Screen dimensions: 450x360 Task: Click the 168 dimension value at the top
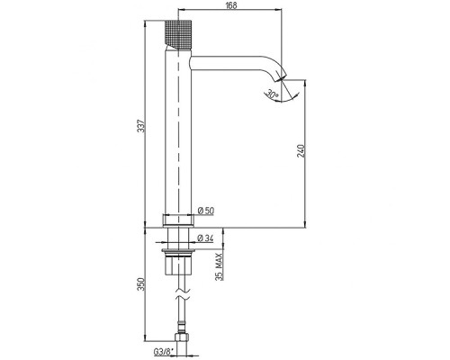tap(230, 5)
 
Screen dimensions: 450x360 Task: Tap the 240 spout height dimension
tap(301, 151)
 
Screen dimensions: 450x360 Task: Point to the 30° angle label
tap(272, 94)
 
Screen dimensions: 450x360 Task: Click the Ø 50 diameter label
tap(206, 211)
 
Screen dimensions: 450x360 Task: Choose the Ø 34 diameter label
tap(206, 238)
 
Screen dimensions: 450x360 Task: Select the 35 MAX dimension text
tap(220, 267)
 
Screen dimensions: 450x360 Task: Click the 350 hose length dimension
tap(141, 284)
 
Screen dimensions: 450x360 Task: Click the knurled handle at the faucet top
tap(178, 34)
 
